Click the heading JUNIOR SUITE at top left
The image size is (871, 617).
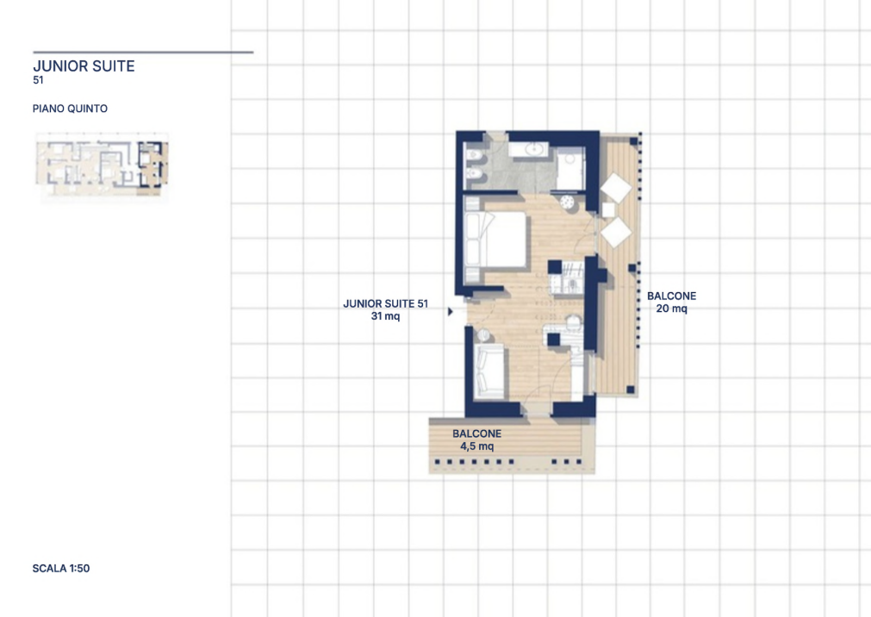(84, 66)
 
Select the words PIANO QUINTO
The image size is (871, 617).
(70, 109)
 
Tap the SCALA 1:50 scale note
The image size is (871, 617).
(61, 568)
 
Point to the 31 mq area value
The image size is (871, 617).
(385, 316)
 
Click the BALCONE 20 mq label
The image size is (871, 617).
(672, 302)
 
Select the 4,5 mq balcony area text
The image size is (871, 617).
(477, 446)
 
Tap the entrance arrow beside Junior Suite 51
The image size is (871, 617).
(451, 312)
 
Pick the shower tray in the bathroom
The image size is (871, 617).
(570, 169)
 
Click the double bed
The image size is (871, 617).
(496, 239)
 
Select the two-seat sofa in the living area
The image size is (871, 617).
(488, 371)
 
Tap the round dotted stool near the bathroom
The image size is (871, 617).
(568, 202)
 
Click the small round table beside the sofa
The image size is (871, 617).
(482, 334)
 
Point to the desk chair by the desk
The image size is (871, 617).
(573, 321)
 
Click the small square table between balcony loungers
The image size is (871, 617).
(608, 210)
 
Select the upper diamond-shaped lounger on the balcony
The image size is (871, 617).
(617, 188)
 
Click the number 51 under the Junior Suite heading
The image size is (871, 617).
(38, 80)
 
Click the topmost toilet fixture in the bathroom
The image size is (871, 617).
(475, 154)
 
